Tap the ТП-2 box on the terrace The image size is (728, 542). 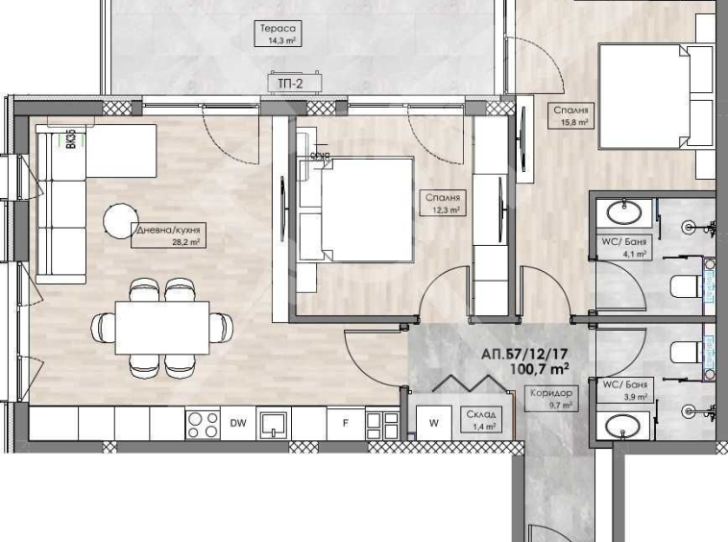[286, 85]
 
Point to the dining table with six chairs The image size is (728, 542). [162, 328]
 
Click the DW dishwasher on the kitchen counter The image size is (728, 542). [238, 421]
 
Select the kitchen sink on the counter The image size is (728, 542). [273, 422]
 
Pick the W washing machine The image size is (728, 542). [433, 421]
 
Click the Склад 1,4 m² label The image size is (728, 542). [482, 420]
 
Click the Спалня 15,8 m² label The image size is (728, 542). [570, 116]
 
